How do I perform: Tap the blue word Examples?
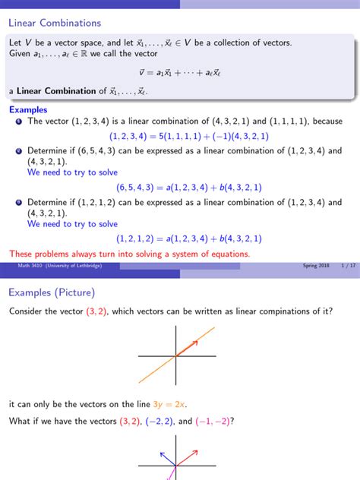tap(27, 109)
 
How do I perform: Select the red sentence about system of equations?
tap(129, 254)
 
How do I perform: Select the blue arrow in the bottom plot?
tap(168, 458)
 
